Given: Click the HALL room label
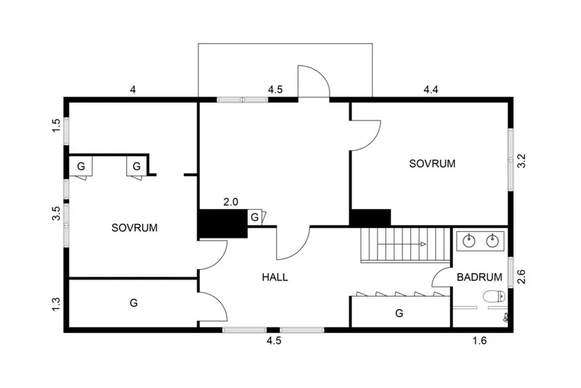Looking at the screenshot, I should click(x=275, y=277).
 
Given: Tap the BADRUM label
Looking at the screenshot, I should click(x=479, y=277).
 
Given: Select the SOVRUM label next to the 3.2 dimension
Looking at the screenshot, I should click(x=432, y=163).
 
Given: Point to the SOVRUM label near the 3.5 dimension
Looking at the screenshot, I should click(x=134, y=228).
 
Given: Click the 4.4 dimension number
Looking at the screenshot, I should click(x=430, y=89).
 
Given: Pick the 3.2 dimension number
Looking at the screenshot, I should click(x=521, y=161).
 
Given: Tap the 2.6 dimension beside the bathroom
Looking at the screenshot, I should click(x=521, y=277).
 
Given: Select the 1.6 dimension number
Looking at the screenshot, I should click(x=480, y=341).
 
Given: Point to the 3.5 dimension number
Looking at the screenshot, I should click(x=56, y=214).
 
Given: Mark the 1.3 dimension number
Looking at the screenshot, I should click(x=56, y=305).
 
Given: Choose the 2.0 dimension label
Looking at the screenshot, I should click(x=230, y=202).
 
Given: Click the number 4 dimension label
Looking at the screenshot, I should click(x=132, y=89).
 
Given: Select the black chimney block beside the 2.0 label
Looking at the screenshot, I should click(x=220, y=224).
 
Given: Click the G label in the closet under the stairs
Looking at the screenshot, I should click(x=399, y=312).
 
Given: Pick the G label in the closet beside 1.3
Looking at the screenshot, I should click(x=132, y=303).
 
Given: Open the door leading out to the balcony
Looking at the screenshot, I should click(x=313, y=81).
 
